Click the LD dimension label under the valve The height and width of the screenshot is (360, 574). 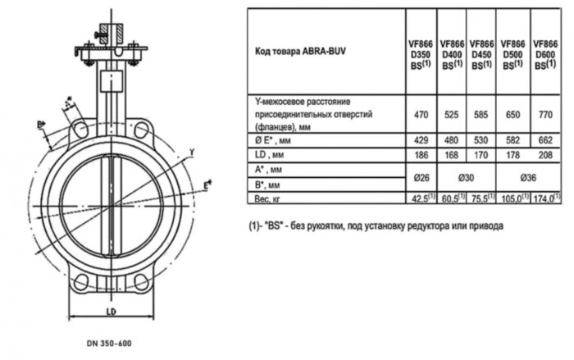point(108,312)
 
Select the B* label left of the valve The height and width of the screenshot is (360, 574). point(41,125)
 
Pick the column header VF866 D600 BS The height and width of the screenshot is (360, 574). point(546,53)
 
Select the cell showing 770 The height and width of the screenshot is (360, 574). point(546,116)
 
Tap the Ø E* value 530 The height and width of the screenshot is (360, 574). point(482,140)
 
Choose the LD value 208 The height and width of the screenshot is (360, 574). point(546,154)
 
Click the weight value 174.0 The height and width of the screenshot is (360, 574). point(546,198)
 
